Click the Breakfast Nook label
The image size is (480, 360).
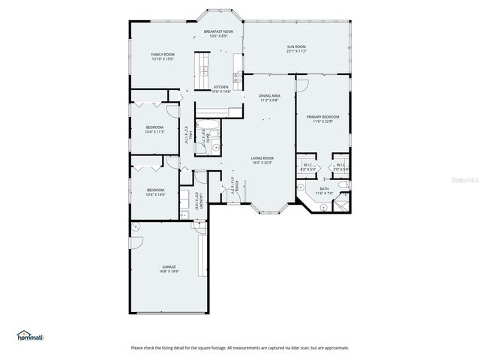pyautogui.click(x=219, y=34)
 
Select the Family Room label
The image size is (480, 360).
pyautogui.click(x=163, y=56)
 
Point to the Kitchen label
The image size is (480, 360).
pyautogui.click(x=221, y=89)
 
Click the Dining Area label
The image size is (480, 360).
pyautogui.click(x=269, y=98)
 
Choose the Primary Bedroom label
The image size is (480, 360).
pyautogui.click(x=322, y=119)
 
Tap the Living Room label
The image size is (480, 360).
pyautogui.click(x=262, y=160)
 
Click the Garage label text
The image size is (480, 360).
pyautogui.click(x=169, y=268)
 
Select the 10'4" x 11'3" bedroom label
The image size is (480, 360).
pyautogui.click(x=155, y=129)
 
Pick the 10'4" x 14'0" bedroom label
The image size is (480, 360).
pyautogui.click(x=155, y=192)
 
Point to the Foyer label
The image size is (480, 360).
pyautogui.click(x=234, y=185)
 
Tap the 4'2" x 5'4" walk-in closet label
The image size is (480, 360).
pyautogui.click(x=308, y=167)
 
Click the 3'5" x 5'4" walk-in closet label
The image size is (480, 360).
pyautogui.click(x=340, y=167)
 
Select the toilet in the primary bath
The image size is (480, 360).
pyautogui.click(x=342, y=184)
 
